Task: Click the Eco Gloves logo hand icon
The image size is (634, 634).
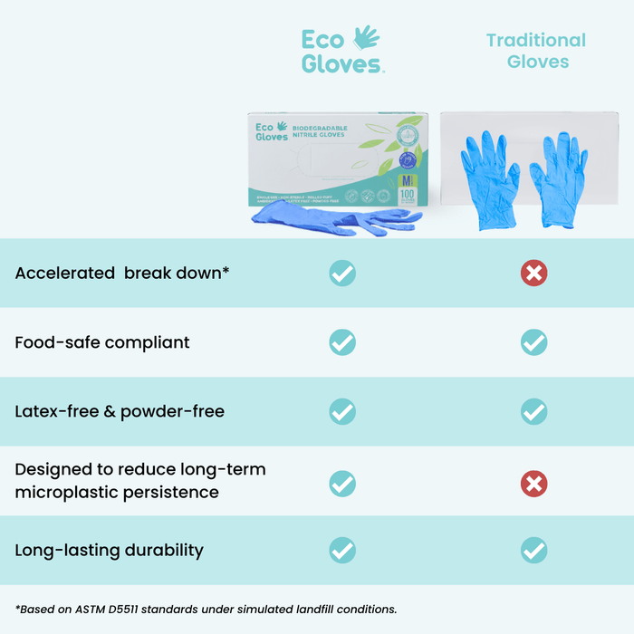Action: click(x=366, y=37)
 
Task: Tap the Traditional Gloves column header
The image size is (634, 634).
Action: click(x=536, y=51)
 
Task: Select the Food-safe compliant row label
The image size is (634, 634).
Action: click(x=102, y=342)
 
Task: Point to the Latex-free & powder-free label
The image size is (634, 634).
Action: click(x=120, y=411)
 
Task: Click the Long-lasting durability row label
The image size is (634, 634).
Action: click(x=109, y=550)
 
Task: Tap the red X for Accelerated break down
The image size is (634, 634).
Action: click(x=534, y=273)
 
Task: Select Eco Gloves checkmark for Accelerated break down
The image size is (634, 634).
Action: click(x=342, y=273)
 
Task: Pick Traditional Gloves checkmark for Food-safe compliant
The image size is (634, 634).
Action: click(x=534, y=342)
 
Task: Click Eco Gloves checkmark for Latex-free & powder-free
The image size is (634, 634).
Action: click(x=342, y=411)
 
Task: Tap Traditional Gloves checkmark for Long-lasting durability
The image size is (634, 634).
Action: click(x=534, y=550)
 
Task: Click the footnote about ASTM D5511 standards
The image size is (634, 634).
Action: click(x=207, y=610)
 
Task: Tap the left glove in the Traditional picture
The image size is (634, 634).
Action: click(x=490, y=177)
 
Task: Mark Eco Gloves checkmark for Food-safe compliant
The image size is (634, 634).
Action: click(x=342, y=342)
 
